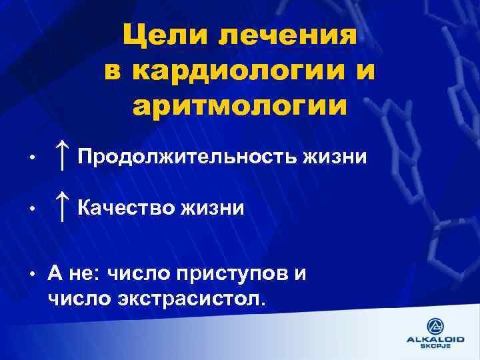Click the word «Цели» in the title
click(160, 35)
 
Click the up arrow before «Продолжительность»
click(62, 156)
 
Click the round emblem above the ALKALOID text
click(435, 326)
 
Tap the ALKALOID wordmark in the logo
click(435, 339)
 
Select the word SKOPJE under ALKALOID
click(435, 347)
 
